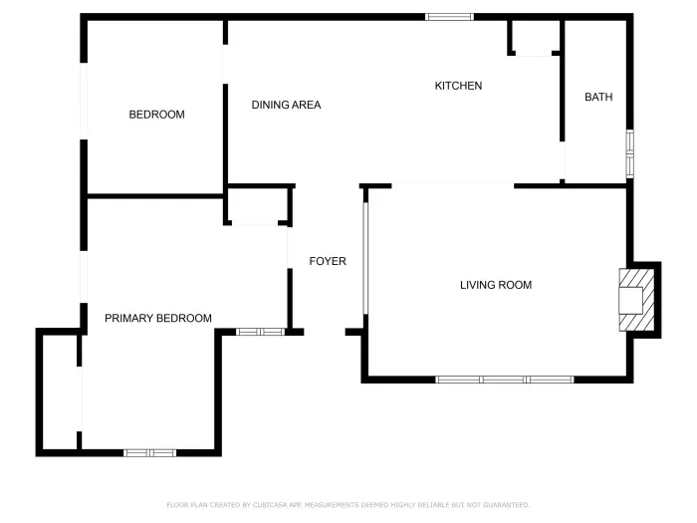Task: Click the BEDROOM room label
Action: tap(156, 115)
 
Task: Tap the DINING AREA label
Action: tap(286, 105)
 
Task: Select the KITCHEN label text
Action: tap(458, 86)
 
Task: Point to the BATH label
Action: tap(598, 97)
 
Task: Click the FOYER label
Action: tap(328, 261)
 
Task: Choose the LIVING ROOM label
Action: tap(495, 285)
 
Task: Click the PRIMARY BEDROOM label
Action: tap(158, 318)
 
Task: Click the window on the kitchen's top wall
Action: tap(449, 16)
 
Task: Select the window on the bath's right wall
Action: tap(629, 153)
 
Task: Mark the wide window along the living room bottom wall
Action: tap(505, 380)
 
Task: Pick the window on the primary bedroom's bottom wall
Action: tap(149, 452)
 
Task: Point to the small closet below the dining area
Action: tap(258, 206)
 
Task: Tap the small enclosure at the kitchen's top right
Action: tap(535, 38)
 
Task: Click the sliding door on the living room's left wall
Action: tap(365, 258)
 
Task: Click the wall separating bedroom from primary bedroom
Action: tap(154, 195)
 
